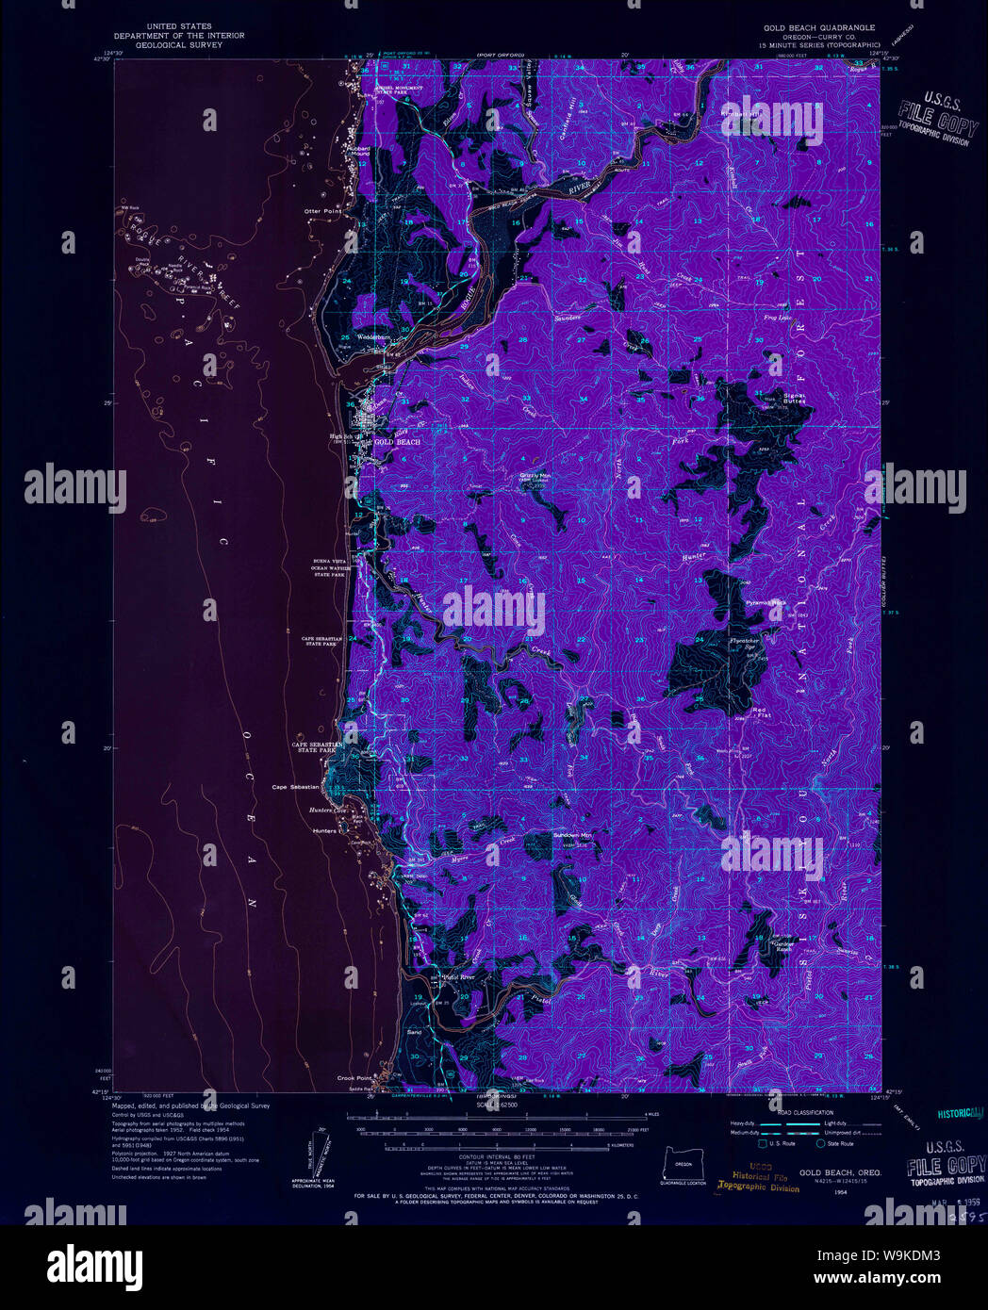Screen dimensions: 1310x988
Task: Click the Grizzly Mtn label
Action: pyautogui.click(x=534, y=475)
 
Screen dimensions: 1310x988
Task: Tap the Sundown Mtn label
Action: pyautogui.click(x=572, y=835)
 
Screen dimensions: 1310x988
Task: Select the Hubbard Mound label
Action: pyautogui.click(x=357, y=150)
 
